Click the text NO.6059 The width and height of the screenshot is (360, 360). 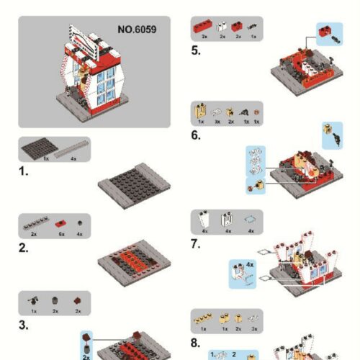[137, 30]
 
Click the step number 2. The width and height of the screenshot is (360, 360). [24, 248]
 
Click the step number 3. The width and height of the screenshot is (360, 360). [24, 326]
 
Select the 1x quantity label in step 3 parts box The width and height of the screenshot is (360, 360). [34, 312]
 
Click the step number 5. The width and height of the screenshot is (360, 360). [196, 50]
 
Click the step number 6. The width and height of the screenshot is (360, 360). [196, 135]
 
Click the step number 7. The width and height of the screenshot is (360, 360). [196, 244]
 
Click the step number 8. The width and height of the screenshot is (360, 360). [196, 342]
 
